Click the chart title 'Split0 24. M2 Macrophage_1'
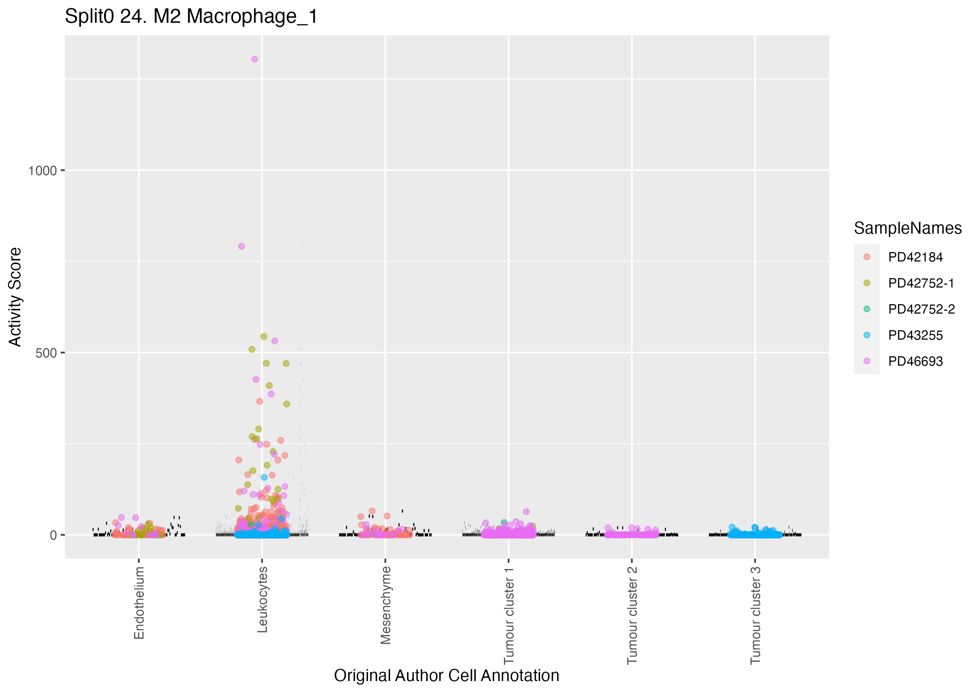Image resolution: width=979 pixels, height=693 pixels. pos(191,17)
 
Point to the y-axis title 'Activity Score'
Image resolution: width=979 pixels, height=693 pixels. pos(15,297)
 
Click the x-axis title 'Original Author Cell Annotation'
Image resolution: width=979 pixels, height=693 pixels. pos(446,676)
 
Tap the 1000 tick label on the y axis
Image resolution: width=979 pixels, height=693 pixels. pos(42,171)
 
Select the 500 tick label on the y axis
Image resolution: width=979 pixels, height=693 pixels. pos(46,353)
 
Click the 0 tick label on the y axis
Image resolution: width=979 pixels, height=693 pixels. pos(53,535)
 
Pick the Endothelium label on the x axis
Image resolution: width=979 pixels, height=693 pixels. pos(140,603)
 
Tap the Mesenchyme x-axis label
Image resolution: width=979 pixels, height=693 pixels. pos(386,605)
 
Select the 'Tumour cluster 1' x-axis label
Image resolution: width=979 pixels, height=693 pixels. pos(509,615)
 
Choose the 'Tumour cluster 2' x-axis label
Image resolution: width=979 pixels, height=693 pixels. pos(632,615)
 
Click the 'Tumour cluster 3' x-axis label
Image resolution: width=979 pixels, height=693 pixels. pos(755,615)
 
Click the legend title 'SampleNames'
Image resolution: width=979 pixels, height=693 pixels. pos(908,228)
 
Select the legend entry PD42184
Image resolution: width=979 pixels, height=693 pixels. pos(915,257)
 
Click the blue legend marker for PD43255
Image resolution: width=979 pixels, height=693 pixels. pos(867,335)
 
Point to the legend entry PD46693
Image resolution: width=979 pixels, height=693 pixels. pos(915,361)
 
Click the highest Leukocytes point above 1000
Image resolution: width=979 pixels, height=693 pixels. pos(255,59)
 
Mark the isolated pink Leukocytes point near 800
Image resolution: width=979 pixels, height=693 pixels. pos(241,246)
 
